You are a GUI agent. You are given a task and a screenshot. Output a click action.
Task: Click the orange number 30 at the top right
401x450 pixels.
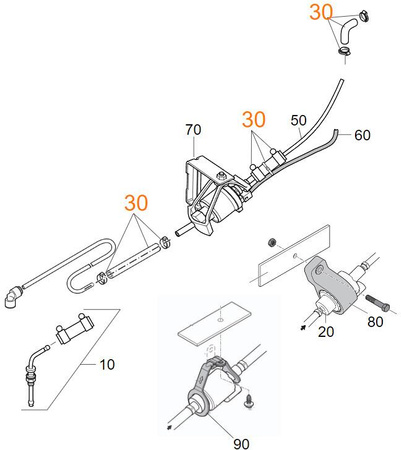point(320,13)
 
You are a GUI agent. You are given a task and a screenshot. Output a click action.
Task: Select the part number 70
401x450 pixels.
point(193,130)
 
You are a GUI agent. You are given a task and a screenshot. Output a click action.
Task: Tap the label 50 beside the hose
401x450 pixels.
point(297,120)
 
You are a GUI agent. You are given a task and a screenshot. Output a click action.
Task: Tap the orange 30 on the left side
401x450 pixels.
point(136,203)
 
